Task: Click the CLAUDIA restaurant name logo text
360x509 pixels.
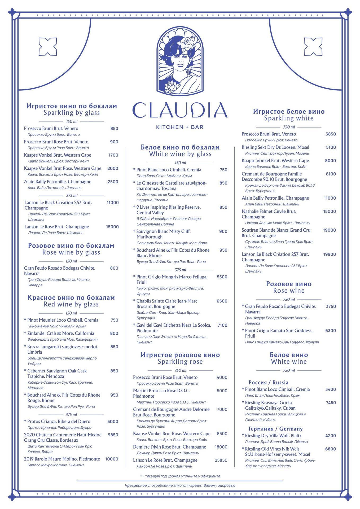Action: coord(180,110)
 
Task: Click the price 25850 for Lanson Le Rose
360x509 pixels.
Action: coord(221,460)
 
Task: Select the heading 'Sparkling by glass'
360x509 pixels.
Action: coord(72,113)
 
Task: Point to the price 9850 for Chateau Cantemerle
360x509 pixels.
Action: coord(113,435)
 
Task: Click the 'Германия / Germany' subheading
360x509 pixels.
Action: coord(275,429)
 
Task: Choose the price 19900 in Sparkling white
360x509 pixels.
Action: coord(329,254)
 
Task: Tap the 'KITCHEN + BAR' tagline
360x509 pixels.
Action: coord(180,127)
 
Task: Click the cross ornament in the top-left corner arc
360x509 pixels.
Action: coord(48,47)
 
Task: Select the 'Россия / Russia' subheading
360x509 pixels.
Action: coord(268,382)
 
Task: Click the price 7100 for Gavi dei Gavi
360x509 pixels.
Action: coord(222,325)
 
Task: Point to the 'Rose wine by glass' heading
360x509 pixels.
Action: coord(71,252)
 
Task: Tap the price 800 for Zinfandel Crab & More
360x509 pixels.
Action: coord(114,333)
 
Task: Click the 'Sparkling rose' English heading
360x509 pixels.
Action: coord(180,362)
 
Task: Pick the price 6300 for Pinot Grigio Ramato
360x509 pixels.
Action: coord(330,331)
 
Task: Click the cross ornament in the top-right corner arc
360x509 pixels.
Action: coord(313,47)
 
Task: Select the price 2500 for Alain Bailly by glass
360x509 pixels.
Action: coord(113,182)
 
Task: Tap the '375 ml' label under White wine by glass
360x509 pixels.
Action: coord(180,270)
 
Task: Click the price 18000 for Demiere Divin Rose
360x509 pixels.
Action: coord(221,447)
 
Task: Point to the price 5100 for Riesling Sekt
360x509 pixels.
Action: coord(331,147)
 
